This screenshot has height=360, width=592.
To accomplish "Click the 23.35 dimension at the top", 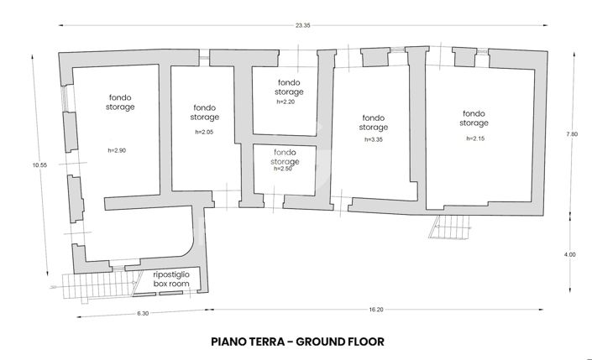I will tap(302, 26).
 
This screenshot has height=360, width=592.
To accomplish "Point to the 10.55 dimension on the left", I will tap(39, 165).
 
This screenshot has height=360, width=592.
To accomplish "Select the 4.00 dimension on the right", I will tap(572, 254).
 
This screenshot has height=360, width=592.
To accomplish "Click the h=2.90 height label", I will tap(118, 150).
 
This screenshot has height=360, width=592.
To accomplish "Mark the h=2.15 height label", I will tap(474, 138).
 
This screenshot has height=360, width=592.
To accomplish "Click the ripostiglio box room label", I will tap(171, 280).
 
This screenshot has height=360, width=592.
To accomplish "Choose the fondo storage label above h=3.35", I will tap(374, 123).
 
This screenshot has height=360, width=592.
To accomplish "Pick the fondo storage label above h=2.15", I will tap(474, 118).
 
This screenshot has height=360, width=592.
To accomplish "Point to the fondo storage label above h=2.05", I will tap(205, 112).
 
